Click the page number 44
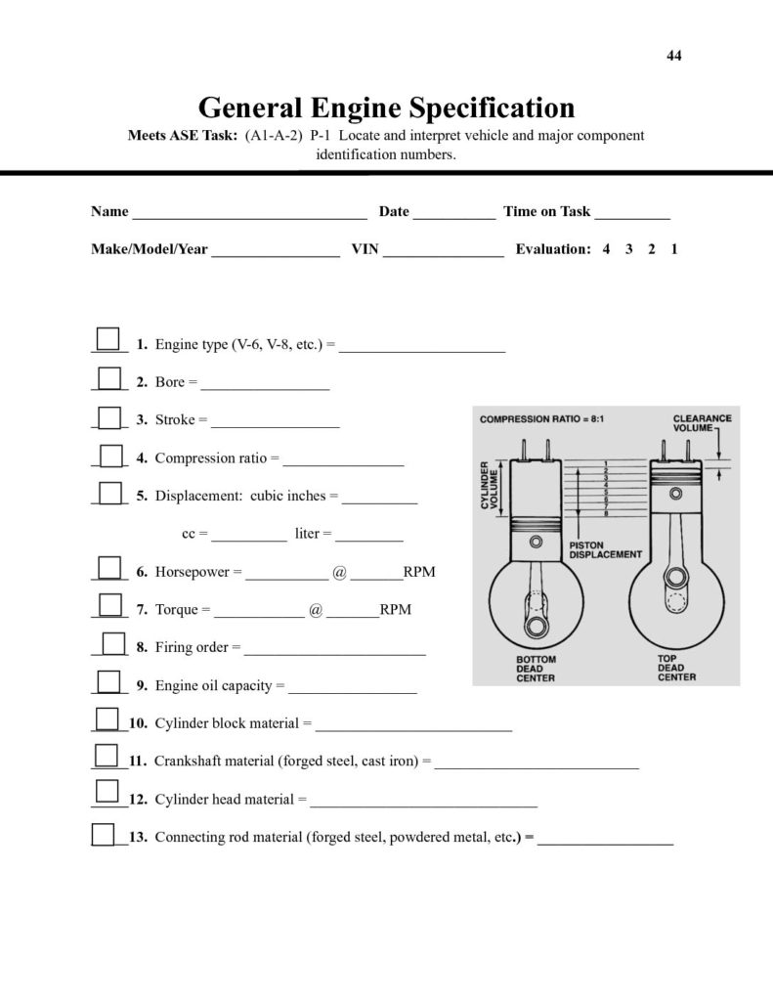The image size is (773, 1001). pos(674,55)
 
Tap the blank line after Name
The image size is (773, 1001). pos(249,213)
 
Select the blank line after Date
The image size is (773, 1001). pos(453,213)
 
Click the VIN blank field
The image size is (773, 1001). pos(444,250)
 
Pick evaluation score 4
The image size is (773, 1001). pos(607,249)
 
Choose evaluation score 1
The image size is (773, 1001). pos(674,249)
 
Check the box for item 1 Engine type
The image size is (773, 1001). pos(109,339)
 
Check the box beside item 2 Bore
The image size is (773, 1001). pos(109,377)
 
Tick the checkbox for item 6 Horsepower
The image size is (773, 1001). pos(109,566)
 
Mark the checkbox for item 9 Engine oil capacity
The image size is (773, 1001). pos(109,680)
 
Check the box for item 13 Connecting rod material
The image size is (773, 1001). pos(103,833)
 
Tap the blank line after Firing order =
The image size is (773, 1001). pos(334,649)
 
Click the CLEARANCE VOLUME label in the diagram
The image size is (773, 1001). pos(702,424)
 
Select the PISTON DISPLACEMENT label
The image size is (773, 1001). pos(605,548)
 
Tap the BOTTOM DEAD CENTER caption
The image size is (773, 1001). pos(536,669)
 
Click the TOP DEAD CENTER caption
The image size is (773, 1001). pos(676,669)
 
